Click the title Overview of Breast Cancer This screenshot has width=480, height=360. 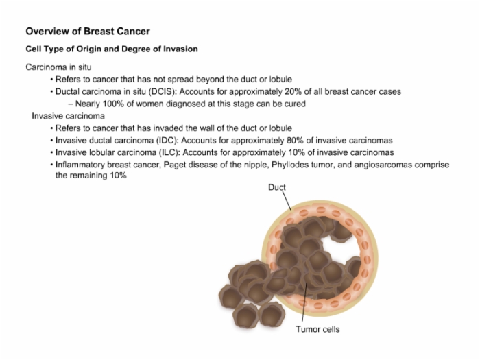coord(88,32)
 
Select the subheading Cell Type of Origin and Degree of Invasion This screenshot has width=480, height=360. coord(112,49)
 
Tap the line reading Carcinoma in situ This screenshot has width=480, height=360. coord(58,67)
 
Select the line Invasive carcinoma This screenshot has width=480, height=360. coord(69,116)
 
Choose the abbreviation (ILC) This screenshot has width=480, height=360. coord(169,152)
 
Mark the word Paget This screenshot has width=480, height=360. coord(174,165)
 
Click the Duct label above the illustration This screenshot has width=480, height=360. coord(277,187)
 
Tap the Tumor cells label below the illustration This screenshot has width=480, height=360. coord(317,329)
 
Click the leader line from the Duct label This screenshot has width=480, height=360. coord(287,200)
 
